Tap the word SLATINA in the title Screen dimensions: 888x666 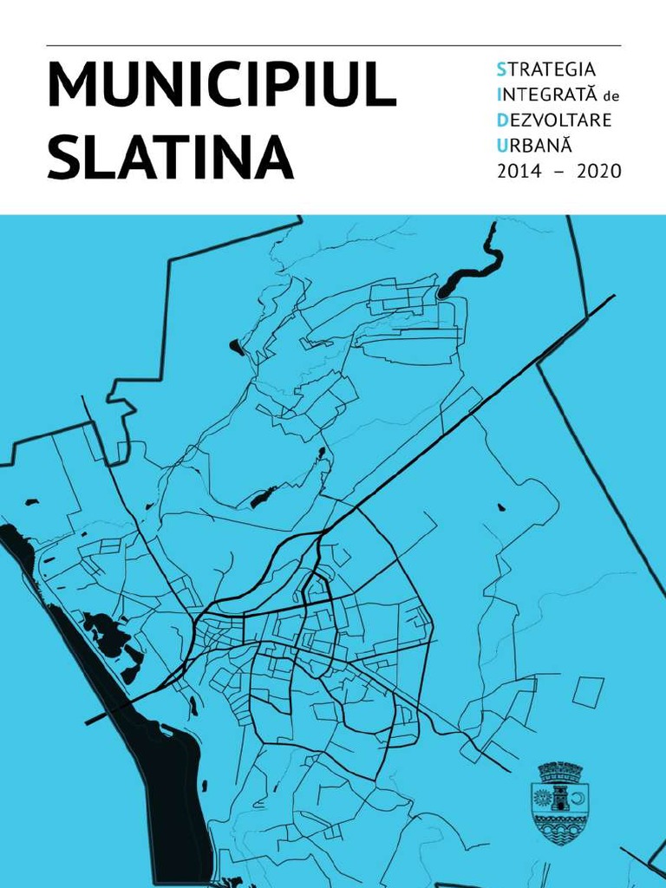tap(170, 158)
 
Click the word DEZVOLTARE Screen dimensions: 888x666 tap(554, 120)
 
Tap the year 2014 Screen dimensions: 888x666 tap(519, 171)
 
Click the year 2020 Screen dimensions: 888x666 tap(598, 171)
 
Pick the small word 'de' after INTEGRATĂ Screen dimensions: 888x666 tap(612, 95)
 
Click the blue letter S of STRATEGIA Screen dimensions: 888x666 tap(500, 68)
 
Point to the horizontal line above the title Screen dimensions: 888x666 tap(333, 45)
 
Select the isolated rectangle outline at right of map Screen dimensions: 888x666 tap(588, 691)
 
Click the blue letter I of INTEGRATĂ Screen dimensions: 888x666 tap(499, 94)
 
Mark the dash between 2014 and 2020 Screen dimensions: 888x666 tap(559, 172)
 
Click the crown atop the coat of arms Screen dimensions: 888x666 tap(558, 771)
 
